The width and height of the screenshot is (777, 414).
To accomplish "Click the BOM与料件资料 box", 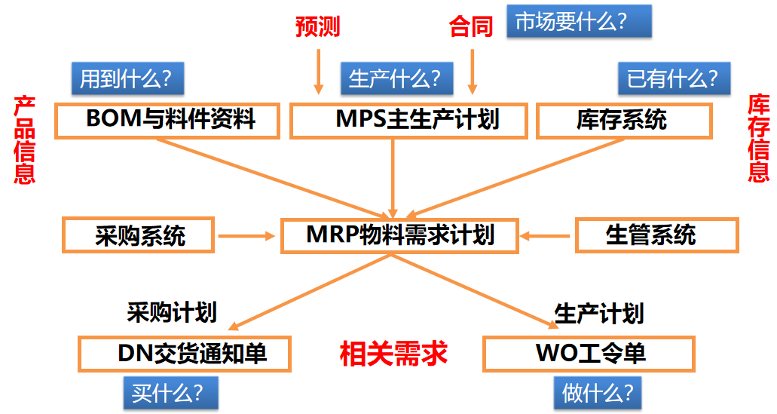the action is [167, 121].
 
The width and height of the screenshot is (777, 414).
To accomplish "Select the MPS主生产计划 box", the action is [408, 121].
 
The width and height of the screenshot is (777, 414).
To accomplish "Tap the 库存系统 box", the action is [624, 121].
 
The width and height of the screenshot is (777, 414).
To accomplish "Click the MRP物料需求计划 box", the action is [400, 235].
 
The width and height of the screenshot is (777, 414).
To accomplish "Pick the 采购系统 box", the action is [138, 235].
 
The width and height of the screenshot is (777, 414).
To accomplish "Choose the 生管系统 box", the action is [657, 235].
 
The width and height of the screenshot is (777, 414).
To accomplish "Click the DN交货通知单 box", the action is [185, 354].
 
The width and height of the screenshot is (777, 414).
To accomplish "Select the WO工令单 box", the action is [589, 354].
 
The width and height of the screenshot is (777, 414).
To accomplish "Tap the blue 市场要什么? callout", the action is [579, 21].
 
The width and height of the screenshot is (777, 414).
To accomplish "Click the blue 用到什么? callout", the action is [128, 78].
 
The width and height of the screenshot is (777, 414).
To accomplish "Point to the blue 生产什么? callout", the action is [397, 78].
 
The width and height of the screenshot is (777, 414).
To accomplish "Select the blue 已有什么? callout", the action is [675, 78].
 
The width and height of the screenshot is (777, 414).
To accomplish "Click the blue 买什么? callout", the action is [171, 393].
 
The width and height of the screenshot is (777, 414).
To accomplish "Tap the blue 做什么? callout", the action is [598, 393].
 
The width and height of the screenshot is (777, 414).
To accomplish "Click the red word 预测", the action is [317, 26].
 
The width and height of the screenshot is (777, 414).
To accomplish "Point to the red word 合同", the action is [471, 26].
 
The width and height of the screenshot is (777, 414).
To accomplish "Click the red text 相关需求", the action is [394, 354].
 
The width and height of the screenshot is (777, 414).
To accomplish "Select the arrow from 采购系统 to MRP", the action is [246, 236].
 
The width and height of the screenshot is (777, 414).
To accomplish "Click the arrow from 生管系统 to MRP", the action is [545, 236].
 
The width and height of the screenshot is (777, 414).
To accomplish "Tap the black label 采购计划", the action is [172, 312].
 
